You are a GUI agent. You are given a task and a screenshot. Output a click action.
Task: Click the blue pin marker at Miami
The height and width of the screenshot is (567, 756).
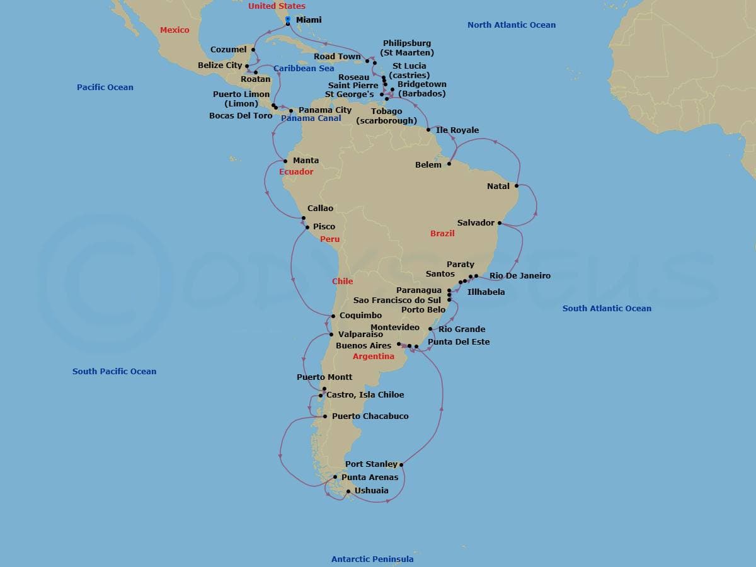[288, 21]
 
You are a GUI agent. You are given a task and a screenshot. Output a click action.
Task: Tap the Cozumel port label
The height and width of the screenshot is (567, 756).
[229, 50]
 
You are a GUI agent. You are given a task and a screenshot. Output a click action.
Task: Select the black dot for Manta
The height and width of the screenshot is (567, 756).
[285, 161]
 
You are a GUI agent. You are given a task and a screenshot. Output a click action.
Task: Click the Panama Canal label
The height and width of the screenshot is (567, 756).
[311, 118]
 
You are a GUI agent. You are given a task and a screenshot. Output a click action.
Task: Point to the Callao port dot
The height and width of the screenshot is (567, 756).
[304, 219]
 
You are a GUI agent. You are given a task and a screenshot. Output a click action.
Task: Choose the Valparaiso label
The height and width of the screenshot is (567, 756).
[360, 335]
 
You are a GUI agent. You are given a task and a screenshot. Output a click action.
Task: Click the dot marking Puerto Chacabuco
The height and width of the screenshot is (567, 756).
[324, 416]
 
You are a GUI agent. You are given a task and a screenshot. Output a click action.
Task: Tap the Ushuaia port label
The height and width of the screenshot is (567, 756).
[371, 491]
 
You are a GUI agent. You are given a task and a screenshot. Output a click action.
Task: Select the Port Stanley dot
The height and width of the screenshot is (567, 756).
[401, 465]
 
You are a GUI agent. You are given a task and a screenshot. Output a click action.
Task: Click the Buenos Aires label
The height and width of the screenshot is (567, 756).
[364, 346]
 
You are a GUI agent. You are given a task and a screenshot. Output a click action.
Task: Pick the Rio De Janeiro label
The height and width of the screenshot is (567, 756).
[520, 276]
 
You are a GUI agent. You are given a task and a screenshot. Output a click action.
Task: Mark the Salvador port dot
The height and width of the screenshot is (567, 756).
[500, 223]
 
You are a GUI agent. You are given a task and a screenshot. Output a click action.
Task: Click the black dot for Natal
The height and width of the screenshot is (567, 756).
[517, 186]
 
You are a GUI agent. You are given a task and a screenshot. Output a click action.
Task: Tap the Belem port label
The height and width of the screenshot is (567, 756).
[428, 165]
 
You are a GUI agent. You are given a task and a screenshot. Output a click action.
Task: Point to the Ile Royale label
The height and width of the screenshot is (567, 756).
[457, 130]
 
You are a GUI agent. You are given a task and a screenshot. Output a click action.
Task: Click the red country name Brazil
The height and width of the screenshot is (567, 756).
[442, 234]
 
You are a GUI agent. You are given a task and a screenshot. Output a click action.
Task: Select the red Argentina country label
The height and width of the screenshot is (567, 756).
[374, 357]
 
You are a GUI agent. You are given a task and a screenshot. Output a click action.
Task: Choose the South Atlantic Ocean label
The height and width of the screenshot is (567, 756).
[607, 309]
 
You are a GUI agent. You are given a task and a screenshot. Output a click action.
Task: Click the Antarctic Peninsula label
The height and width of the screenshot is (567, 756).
[372, 559]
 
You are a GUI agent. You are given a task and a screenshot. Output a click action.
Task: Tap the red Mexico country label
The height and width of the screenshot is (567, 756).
[175, 30]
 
